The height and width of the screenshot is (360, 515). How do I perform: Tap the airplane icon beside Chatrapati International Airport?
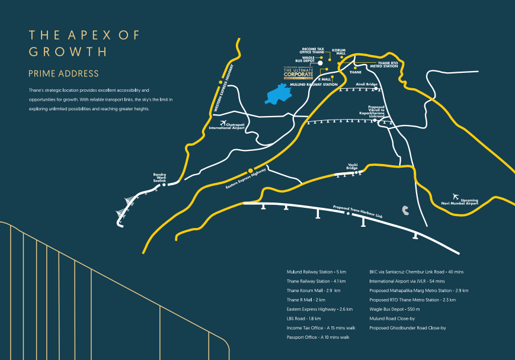point(223,123)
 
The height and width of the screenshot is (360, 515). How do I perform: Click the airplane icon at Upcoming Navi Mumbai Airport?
point(455,197)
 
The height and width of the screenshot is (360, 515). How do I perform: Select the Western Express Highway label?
point(223,89)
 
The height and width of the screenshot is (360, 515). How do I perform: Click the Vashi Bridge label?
point(352,168)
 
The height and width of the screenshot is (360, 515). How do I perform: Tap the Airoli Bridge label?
point(366,85)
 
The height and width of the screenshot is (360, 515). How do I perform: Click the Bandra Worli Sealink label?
point(159,178)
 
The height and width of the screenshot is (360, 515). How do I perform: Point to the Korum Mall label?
point(338,52)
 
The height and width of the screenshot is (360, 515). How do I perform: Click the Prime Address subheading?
point(63,73)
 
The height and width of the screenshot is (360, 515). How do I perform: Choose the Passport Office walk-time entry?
point(318,337)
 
